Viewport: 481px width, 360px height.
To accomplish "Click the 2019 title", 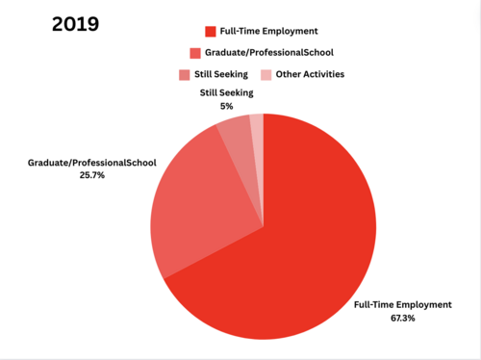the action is tap(76, 24).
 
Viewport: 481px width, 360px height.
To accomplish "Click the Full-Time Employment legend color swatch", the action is tap(211, 32).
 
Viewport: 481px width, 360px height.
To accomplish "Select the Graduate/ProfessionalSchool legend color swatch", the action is tap(195, 53).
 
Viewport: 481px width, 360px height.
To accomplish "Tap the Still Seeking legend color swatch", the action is tap(184, 75).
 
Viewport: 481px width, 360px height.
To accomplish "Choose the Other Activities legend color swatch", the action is tap(266, 75).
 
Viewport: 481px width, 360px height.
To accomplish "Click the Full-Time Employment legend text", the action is tap(268, 32).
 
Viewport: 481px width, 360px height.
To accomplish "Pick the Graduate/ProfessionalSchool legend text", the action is tap(269, 53).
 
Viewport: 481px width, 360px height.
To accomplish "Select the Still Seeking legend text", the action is tap(221, 74).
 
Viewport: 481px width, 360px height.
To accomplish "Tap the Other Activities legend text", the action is tap(310, 74).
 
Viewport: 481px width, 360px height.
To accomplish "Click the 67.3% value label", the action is tap(403, 318).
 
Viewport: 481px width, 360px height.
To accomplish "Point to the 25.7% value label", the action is tap(92, 175).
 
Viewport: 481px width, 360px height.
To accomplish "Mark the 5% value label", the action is tap(226, 106).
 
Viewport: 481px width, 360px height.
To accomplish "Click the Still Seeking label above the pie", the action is tap(226, 93).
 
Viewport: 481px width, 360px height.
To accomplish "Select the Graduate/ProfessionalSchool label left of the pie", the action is tap(92, 163).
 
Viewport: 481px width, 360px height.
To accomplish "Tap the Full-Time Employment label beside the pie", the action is tap(403, 305).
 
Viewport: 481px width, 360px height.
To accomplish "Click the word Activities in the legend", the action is tap(324, 74).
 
